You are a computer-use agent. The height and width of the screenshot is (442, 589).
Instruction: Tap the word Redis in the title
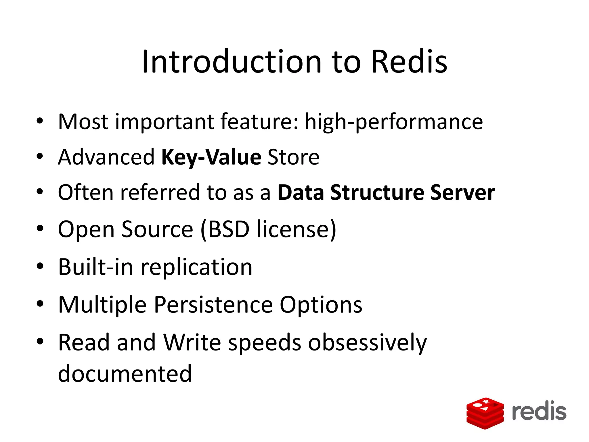(409, 62)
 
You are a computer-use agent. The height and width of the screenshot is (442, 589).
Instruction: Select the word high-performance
(394, 122)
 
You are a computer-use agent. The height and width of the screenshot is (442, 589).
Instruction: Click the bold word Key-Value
(211, 157)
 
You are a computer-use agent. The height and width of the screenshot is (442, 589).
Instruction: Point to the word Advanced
(106, 157)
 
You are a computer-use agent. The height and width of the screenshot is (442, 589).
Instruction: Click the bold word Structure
(377, 193)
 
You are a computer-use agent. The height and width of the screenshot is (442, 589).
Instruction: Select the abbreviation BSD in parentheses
(229, 229)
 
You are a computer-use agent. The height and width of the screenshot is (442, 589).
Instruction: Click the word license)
(297, 229)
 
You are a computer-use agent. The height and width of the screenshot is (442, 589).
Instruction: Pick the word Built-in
(96, 267)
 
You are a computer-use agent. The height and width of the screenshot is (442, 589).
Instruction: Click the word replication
(196, 267)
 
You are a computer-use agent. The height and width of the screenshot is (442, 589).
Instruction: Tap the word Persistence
(213, 305)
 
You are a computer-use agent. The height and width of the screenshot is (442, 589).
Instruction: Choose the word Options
(321, 305)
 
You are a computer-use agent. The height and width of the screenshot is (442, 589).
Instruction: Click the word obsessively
(368, 343)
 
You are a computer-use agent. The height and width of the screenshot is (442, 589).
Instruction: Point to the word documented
(125, 374)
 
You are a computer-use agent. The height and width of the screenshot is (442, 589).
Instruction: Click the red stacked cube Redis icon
(485, 413)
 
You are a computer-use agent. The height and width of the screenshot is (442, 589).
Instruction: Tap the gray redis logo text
(539, 411)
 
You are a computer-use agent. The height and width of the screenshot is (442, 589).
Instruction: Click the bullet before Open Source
(40, 229)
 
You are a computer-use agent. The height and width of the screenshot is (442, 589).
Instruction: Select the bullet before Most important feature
(40, 121)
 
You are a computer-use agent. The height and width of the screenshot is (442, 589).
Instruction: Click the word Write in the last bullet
(192, 343)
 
